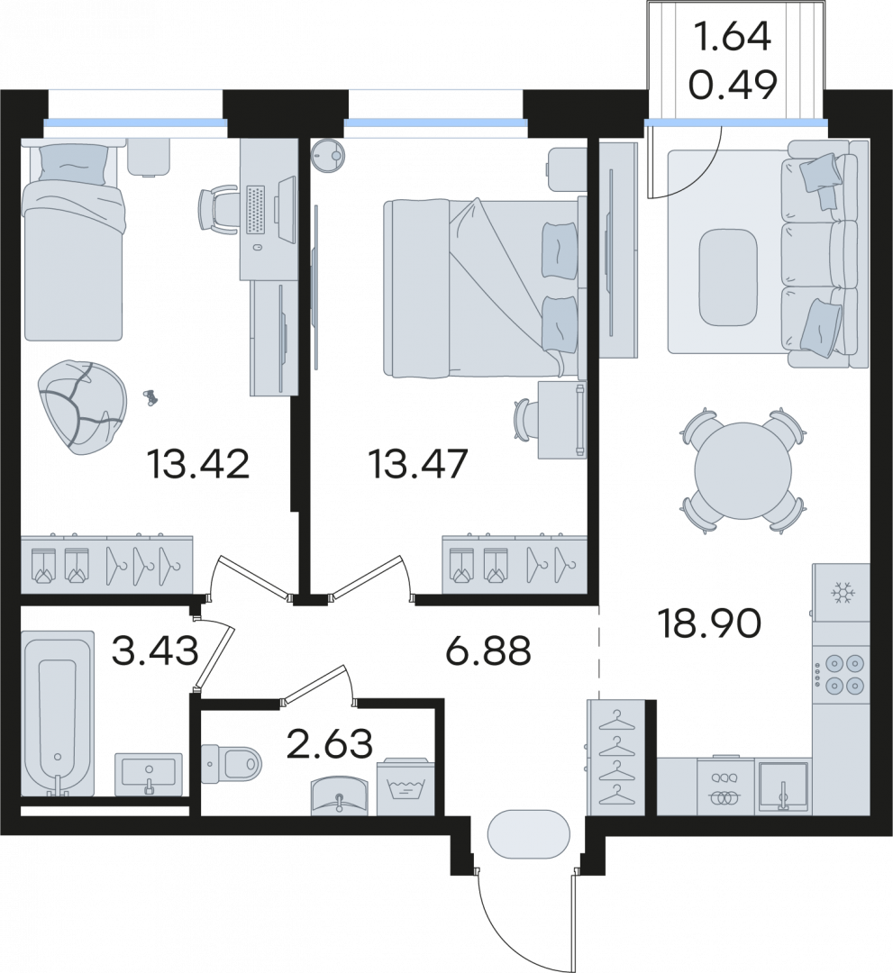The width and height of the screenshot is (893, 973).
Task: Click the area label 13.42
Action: (198, 464)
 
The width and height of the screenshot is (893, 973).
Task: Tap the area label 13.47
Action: (417, 464)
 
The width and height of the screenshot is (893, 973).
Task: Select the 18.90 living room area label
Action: (710, 623)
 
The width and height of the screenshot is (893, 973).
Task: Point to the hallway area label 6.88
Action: (489, 651)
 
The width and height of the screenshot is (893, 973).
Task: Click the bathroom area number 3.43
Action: (156, 651)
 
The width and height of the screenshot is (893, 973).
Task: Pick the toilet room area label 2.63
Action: (330, 743)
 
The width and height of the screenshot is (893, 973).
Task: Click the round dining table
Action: (743, 470)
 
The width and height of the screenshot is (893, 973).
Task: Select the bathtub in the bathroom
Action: (57, 713)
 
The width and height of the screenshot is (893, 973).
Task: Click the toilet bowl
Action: (232, 763)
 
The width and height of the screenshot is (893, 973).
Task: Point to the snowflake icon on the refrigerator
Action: (843, 593)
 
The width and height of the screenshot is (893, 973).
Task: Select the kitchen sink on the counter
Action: (783, 787)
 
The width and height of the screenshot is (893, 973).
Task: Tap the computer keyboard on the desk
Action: (257, 209)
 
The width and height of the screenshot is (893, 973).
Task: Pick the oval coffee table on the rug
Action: (728, 277)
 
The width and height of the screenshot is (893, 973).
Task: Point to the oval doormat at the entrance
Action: (529, 834)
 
